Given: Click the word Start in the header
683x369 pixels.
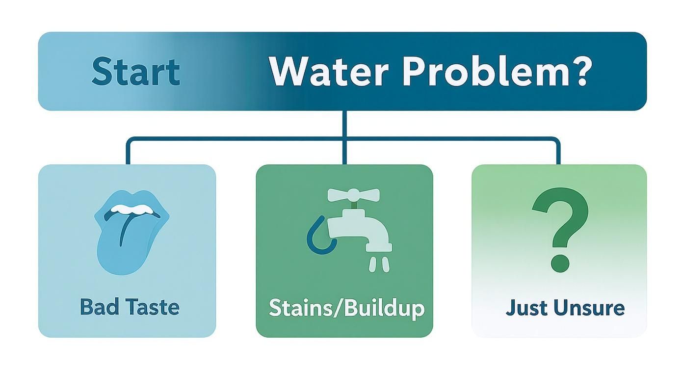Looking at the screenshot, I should click(x=135, y=72).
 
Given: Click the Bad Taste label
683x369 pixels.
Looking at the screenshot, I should click(x=130, y=308).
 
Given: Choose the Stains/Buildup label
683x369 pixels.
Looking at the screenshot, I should click(x=346, y=309).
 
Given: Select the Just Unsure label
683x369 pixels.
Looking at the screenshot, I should click(x=565, y=308).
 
